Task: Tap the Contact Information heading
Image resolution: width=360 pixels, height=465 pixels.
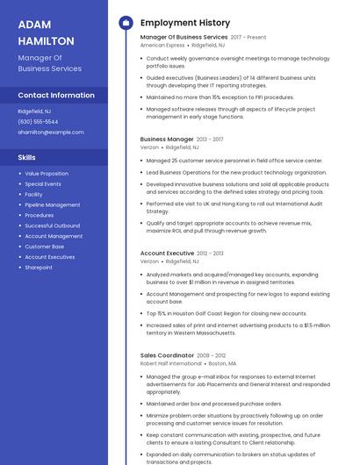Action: [x=56, y=95]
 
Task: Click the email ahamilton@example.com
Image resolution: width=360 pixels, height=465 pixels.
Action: [x=51, y=132]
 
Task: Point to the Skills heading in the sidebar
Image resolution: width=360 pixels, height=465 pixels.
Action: [x=27, y=157]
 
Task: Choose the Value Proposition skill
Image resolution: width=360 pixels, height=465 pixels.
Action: [x=47, y=174]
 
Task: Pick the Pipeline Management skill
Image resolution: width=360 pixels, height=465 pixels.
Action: [x=52, y=204]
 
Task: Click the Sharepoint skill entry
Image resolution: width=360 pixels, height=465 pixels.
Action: [x=39, y=267]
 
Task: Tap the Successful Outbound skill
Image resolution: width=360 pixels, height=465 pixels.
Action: [x=53, y=225]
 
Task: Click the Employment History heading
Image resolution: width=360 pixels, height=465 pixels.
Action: [x=185, y=23]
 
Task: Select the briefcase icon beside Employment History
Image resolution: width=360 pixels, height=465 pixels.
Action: [x=125, y=23]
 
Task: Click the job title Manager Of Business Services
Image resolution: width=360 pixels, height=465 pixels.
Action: [x=184, y=38]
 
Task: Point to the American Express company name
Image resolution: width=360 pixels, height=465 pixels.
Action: [x=162, y=45]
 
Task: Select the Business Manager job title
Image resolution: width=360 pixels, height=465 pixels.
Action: [x=167, y=139]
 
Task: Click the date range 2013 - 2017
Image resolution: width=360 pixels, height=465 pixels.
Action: [x=211, y=139]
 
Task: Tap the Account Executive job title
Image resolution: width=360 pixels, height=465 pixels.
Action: [x=168, y=253]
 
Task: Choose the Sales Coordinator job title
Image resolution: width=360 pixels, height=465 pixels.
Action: [x=167, y=355]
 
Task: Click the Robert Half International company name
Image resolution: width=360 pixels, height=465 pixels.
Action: [x=171, y=362]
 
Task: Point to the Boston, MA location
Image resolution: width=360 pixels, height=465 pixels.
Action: [x=222, y=362]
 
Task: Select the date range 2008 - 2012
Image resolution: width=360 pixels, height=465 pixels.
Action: [x=211, y=355]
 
